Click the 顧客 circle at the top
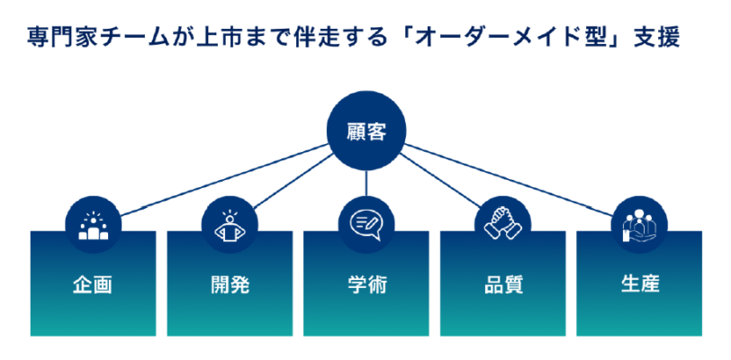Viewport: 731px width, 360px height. (365, 132)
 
